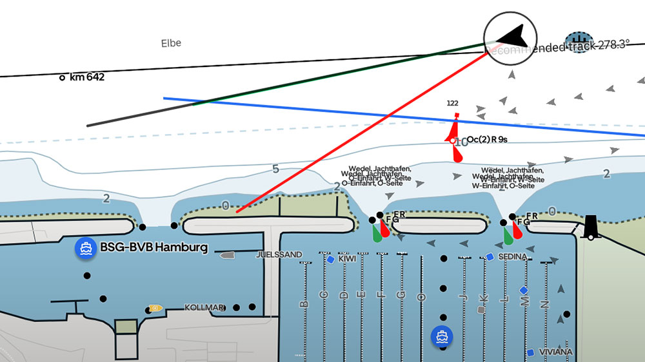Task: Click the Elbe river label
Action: click(x=171, y=43)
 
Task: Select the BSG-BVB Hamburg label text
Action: click(x=154, y=247)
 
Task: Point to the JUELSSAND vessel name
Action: click(x=279, y=255)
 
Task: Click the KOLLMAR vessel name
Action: click(x=205, y=307)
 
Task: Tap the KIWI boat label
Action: click(x=347, y=259)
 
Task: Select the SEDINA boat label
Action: click(x=513, y=256)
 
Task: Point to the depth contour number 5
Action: click(x=275, y=169)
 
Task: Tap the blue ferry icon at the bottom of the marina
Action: click(x=442, y=335)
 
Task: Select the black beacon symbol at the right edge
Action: click(x=590, y=227)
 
